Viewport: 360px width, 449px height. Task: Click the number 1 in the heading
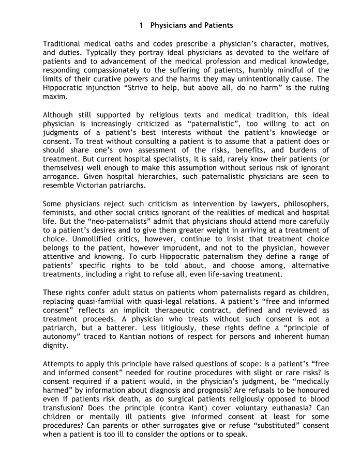point(141,25)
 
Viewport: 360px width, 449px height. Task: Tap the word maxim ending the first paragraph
point(54,95)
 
